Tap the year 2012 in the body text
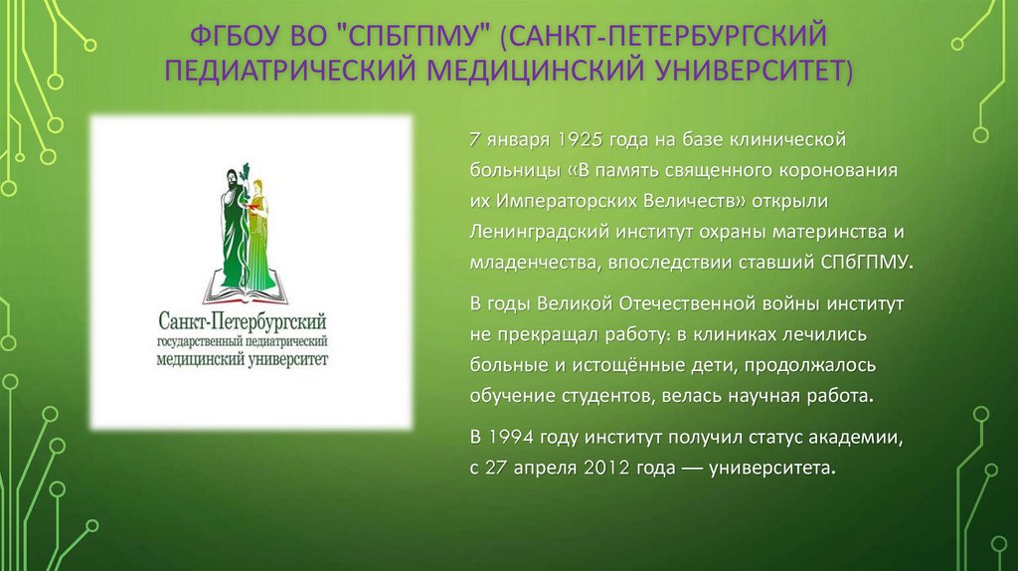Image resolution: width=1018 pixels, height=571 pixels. (x=605, y=468)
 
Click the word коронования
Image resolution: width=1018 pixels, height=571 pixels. (x=844, y=168)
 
